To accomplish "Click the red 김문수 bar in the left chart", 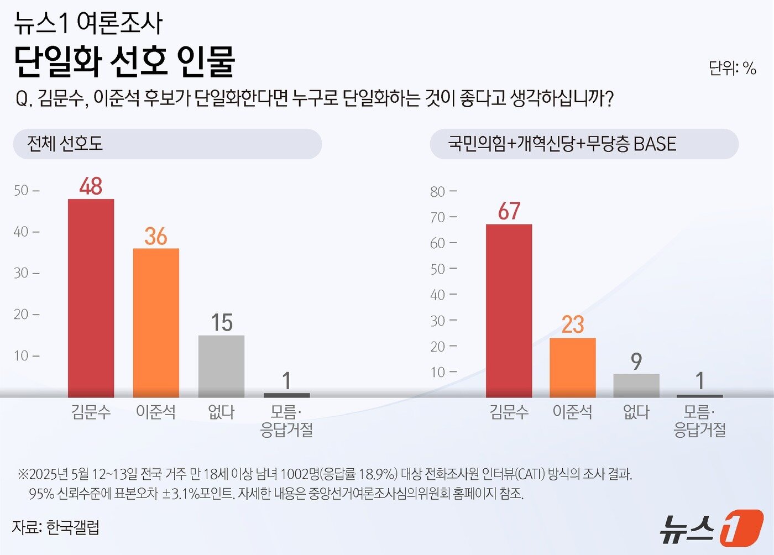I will point(91,298).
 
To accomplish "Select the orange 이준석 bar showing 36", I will point(156,323).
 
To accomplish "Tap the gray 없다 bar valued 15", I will point(221,366).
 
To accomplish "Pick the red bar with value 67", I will point(509,311).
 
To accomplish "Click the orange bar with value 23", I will point(572,368).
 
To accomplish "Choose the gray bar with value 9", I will point(636,385).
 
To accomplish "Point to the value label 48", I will point(91,186).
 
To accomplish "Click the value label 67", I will point(509,211).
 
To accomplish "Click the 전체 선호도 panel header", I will point(167,144).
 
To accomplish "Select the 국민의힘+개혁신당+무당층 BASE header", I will point(584,144).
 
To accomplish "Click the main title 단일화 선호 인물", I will point(124,61).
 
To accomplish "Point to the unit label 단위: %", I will point(732,68).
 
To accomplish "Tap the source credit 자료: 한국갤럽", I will point(56,527).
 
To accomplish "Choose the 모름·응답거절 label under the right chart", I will point(699,421).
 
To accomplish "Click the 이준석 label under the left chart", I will point(156,412).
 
